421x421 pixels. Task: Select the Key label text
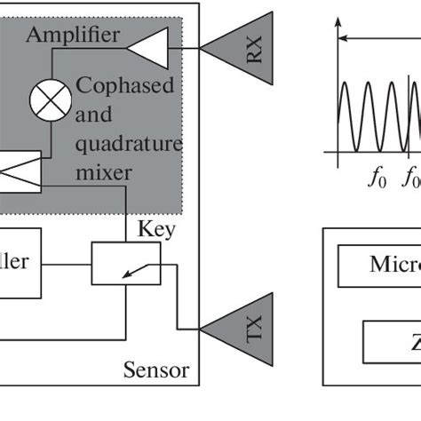(x=155, y=230)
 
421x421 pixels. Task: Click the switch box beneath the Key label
(x=126, y=264)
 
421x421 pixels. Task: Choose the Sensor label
(x=156, y=369)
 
